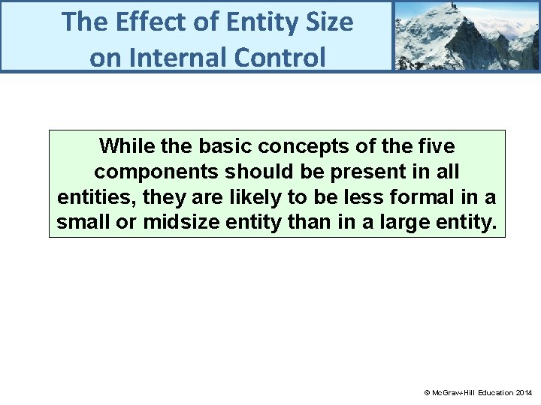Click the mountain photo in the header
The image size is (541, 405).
click(466, 35)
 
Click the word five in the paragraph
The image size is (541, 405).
click(434, 145)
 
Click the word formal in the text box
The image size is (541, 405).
click(422, 197)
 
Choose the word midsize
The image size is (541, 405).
click(177, 223)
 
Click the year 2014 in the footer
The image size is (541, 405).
click(524, 392)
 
